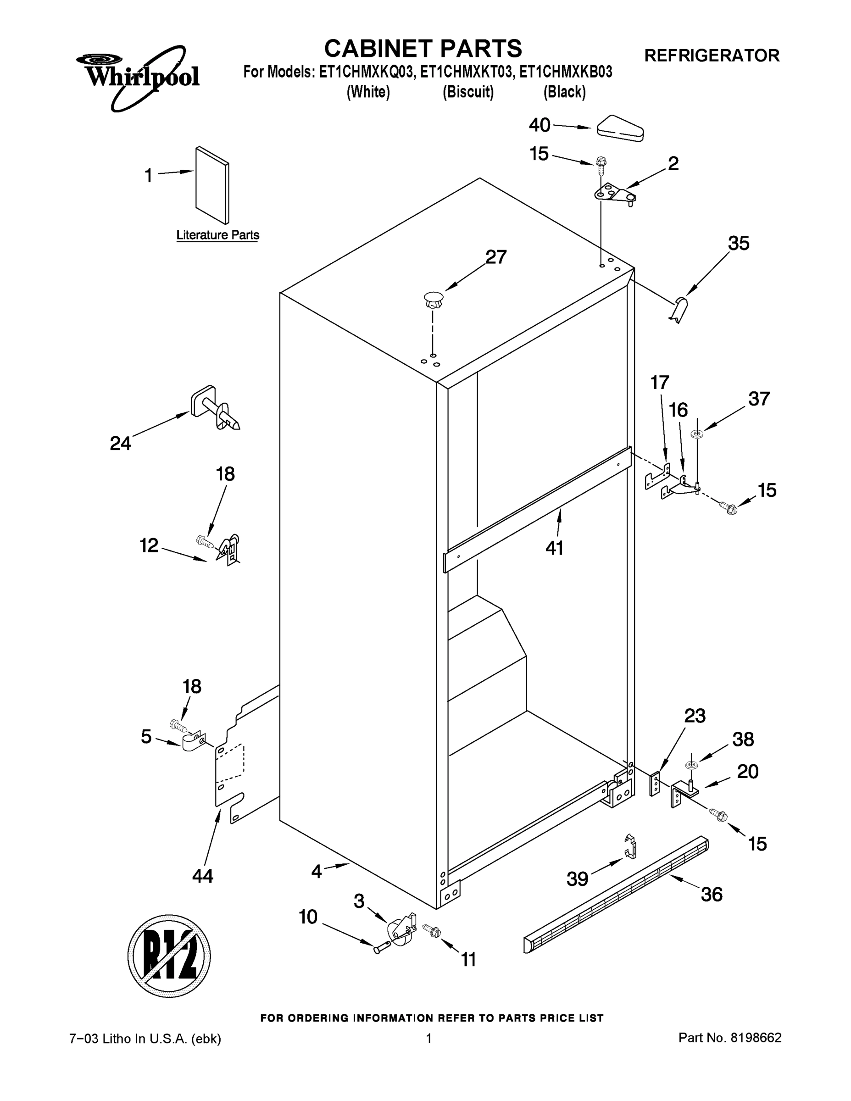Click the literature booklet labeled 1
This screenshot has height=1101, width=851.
click(x=212, y=185)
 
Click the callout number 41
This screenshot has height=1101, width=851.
click(x=555, y=548)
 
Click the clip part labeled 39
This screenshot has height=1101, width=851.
click(x=630, y=846)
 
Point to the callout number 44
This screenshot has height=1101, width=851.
click(x=203, y=877)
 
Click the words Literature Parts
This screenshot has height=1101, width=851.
click(x=218, y=235)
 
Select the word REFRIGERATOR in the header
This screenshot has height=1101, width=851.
click(x=712, y=56)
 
